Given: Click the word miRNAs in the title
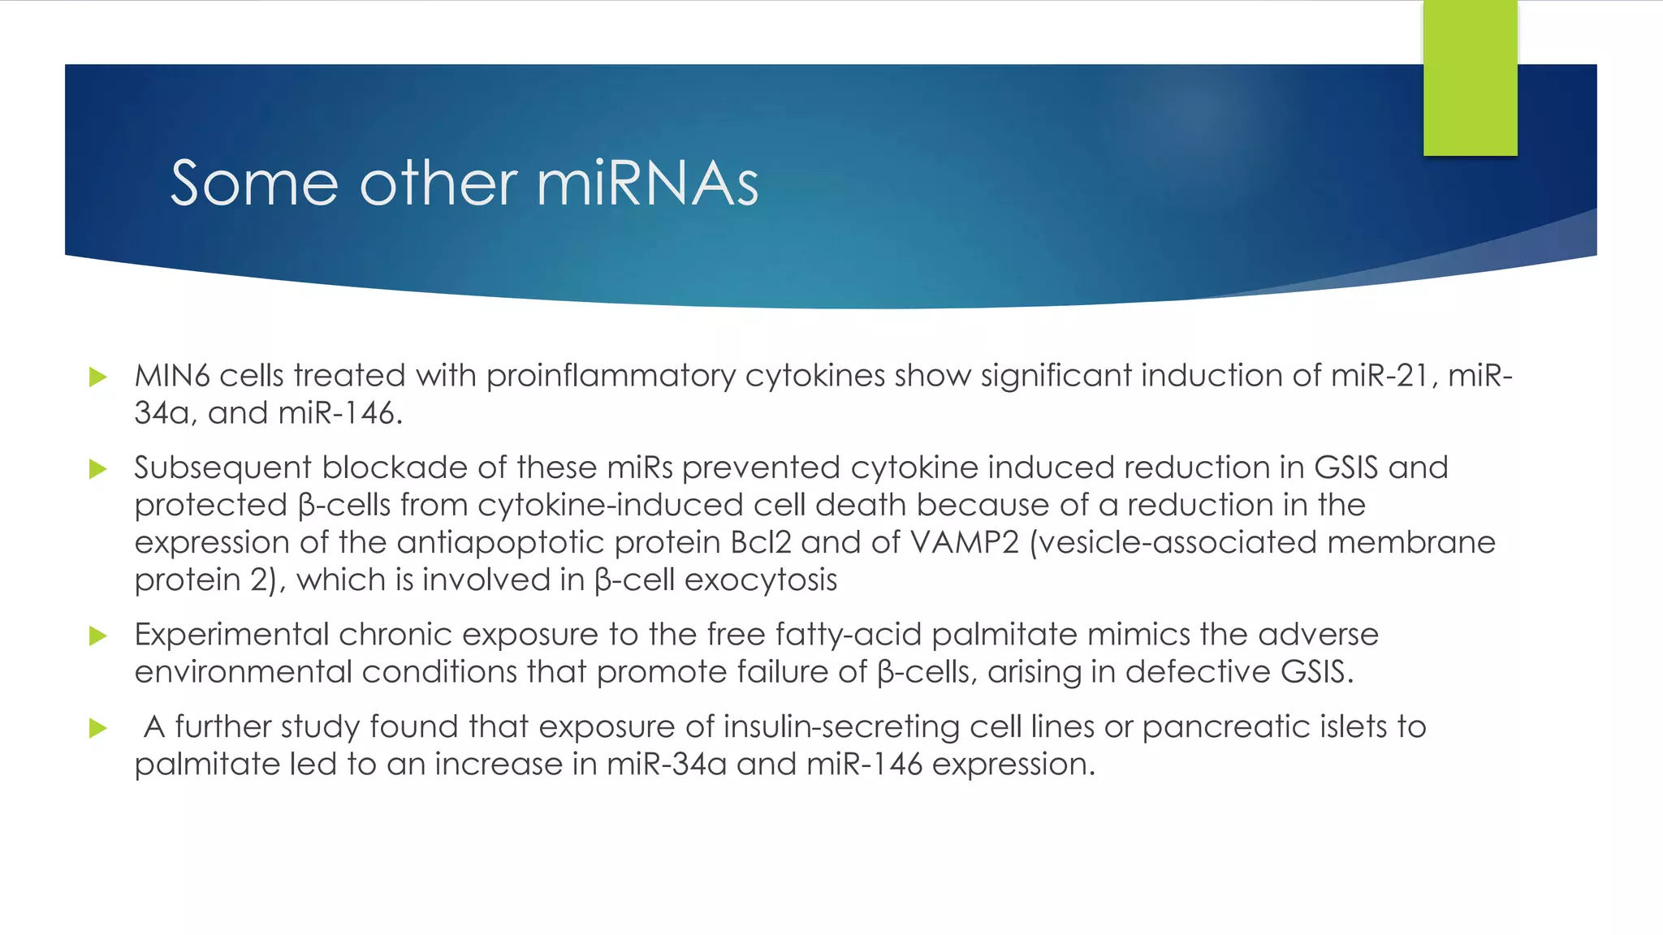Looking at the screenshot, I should point(647,184).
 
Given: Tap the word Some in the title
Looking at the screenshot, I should point(253,184).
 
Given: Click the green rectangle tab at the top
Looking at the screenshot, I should point(1470,78).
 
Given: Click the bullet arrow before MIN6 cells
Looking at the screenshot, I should point(98,377).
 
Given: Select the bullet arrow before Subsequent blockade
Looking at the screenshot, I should point(98,469).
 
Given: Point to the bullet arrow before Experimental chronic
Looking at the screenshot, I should point(98,636).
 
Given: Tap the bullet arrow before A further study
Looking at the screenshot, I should point(98,728).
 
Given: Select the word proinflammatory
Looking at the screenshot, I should point(610,376).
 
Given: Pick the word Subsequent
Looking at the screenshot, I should point(222,468).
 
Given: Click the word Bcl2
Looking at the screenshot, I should point(760,542).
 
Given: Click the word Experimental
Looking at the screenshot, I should point(231,635).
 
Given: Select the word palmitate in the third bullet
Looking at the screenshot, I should point(1004,635).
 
